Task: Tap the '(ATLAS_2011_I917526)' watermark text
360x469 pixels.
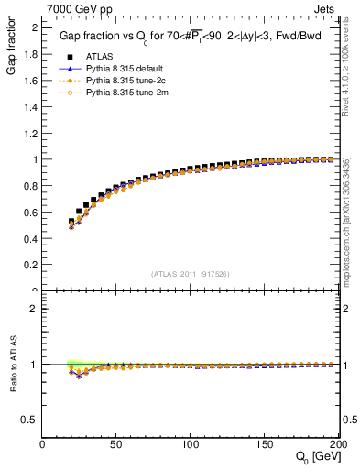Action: (190, 273)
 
